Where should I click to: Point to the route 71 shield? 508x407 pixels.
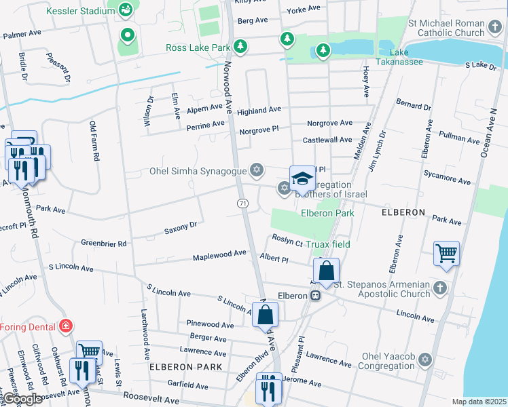point(242,203)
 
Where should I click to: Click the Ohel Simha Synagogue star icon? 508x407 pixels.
point(256,169)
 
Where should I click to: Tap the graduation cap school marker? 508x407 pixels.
point(302,179)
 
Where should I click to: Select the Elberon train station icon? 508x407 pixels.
point(315,296)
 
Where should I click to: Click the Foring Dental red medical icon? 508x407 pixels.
point(65,325)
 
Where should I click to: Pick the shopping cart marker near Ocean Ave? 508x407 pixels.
point(446,254)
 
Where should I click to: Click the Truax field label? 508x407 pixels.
point(327,245)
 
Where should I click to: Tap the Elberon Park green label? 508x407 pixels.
point(328,213)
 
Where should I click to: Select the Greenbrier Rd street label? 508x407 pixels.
point(104,244)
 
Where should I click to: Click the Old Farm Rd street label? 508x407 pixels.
point(94,141)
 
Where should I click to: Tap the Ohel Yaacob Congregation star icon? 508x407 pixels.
point(425,359)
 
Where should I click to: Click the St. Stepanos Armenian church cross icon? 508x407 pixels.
point(441,288)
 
